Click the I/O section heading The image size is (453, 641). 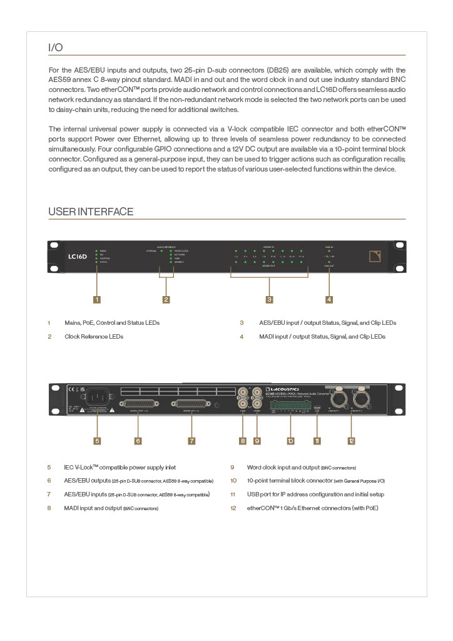(56, 48)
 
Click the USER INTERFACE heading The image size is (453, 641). (91, 212)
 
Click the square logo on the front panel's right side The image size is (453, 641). (374, 256)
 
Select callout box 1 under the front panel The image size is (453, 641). (97, 299)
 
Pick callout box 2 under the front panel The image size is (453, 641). (166, 299)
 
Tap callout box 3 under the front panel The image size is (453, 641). (269, 299)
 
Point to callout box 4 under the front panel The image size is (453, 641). (329, 299)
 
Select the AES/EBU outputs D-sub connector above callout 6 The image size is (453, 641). (138, 404)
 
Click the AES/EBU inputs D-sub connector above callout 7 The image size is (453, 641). (192, 404)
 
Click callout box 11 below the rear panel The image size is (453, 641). (317, 441)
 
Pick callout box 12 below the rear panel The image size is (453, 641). (352, 441)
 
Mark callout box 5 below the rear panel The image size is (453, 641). (97, 441)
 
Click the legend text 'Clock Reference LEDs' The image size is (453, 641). (94, 336)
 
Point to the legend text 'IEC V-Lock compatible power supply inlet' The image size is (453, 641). (120, 467)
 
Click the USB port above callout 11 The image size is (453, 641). (317, 407)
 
